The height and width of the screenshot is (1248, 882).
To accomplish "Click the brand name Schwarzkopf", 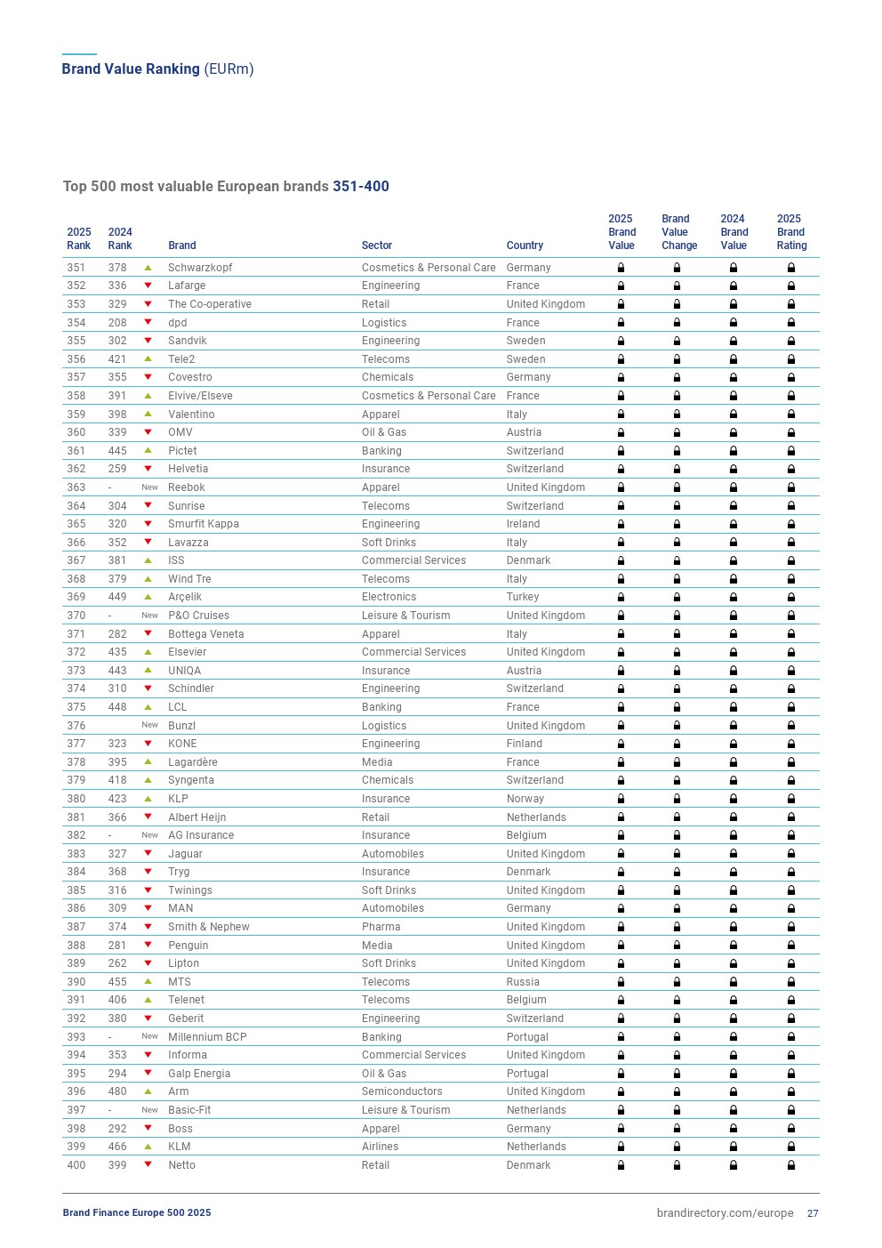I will click(x=200, y=268).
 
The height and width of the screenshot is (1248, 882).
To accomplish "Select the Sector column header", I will click(x=377, y=246).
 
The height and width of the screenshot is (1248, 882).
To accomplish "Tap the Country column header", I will click(x=525, y=246).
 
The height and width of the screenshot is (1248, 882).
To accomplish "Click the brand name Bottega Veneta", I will click(x=205, y=634).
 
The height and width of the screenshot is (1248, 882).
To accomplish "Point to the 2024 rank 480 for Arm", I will click(x=117, y=1091).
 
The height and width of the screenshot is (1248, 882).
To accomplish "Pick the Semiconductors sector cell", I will click(x=402, y=1091).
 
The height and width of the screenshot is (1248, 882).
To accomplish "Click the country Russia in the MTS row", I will click(x=523, y=982).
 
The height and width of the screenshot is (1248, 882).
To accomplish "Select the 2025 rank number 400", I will click(x=76, y=1165).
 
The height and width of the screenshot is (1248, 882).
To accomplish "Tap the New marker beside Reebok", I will click(x=149, y=487).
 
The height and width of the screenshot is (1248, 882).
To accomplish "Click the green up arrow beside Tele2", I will click(x=148, y=359).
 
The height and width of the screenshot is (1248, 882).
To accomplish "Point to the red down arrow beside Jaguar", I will click(x=148, y=854).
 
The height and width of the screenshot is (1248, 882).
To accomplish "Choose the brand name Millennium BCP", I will click(x=207, y=1037).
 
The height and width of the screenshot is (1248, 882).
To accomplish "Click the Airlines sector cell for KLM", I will click(x=380, y=1147).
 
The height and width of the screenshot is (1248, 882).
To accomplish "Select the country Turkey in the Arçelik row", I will click(x=523, y=597).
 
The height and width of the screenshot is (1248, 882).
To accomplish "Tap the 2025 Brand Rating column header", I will click(x=790, y=232).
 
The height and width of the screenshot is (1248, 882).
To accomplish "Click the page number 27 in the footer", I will click(x=813, y=1213).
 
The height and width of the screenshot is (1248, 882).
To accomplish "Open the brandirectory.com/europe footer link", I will click(x=725, y=1213).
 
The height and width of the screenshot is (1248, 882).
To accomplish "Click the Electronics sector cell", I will click(x=389, y=597).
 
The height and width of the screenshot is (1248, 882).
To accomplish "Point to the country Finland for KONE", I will click(x=525, y=744).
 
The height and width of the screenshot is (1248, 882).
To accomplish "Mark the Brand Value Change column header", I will click(x=678, y=232).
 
